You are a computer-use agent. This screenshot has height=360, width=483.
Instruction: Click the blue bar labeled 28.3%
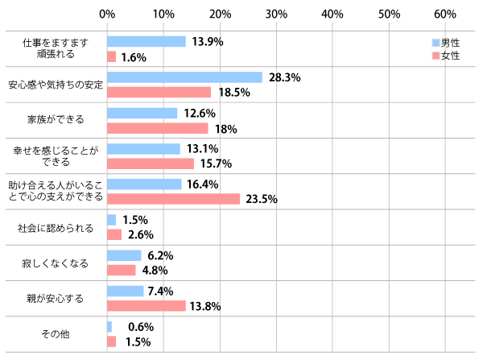pyautogui.click(x=184, y=77)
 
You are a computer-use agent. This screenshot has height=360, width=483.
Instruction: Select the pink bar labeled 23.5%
pyautogui.click(x=173, y=199)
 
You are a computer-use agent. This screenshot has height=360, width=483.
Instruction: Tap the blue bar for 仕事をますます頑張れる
pyautogui.click(x=146, y=42)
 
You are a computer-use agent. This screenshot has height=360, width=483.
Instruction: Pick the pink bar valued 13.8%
pyautogui.click(x=146, y=306)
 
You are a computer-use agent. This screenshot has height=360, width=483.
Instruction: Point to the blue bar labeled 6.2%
pyautogui.click(x=124, y=255)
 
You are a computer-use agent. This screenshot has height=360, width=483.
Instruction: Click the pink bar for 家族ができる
pyautogui.click(x=157, y=128)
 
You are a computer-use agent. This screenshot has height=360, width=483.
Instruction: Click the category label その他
pyautogui.click(x=53, y=334)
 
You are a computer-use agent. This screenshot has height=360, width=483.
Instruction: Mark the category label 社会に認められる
pyautogui.click(x=53, y=228)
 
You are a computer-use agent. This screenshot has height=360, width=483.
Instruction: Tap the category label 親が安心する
pyautogui.click(x=53, y=299)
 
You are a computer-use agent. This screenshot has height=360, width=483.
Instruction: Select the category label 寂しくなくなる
pyautogui.click(x=53, y=263)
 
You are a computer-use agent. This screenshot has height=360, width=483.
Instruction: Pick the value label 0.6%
pyautogui.click(x=141, y=327)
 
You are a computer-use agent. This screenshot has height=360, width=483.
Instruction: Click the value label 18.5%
pyautogui.click(x=234, y=93)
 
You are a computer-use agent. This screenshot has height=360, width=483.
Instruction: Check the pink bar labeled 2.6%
pyautogui.click(x=114, y=234)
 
